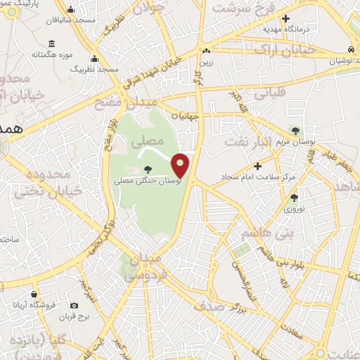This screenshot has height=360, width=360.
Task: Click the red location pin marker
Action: pos(181,165)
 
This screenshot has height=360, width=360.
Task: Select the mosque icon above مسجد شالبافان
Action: pos(71,10)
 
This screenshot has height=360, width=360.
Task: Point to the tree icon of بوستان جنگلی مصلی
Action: pos(147,168)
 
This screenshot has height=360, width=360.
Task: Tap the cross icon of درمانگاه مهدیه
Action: pos(285,18)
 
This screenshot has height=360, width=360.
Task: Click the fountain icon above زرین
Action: pos(206,51)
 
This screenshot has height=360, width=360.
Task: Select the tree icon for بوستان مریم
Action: pos(295,131)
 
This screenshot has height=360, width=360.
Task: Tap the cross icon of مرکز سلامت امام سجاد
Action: pos(258,166)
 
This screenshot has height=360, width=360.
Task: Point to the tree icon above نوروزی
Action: pos(293,198)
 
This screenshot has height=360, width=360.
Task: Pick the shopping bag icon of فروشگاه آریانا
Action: pos(34,295)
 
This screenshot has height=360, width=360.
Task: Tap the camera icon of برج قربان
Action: pos(75,305)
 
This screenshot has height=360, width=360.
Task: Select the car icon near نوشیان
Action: pos(350,49)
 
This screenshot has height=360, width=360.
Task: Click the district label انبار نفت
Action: pos(247,141)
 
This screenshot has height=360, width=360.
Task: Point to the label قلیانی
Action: pos(271,92)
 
